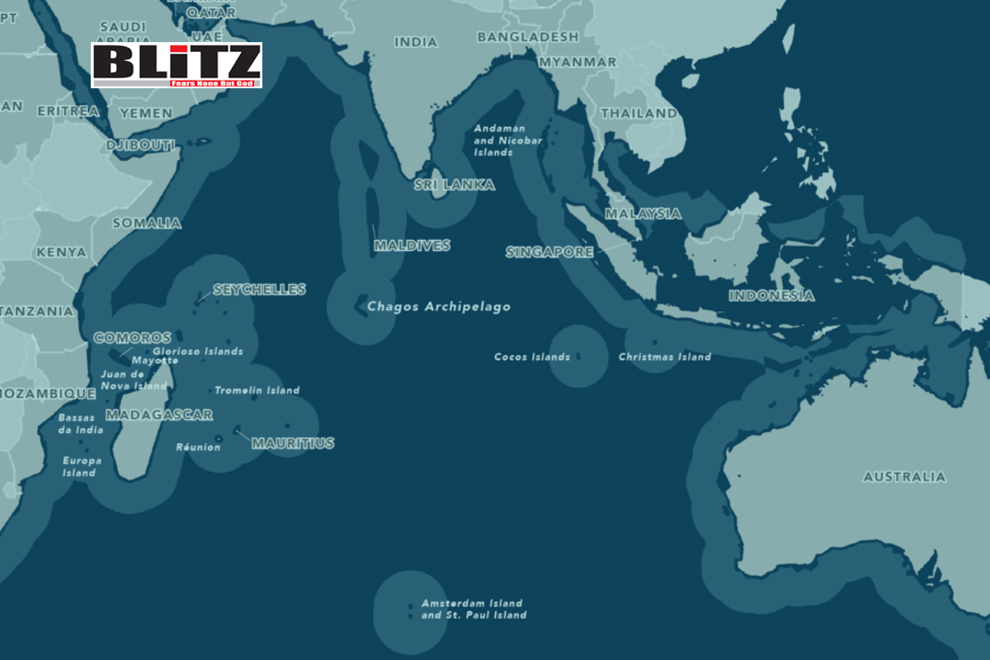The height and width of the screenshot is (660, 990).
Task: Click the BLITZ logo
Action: pyautogui.click(x=176, y=65)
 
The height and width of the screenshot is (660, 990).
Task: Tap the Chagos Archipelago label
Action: pyautogui.click(x=438, y=307)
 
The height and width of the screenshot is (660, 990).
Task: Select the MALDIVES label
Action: pyautogui.click(x=412, y=246)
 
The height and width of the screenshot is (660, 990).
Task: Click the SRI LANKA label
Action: pyautogui.click(x=455, y=185)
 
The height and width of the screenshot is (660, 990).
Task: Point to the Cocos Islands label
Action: pyautogui.click(x=531, y=357)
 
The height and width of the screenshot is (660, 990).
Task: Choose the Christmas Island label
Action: pyautogui.click(x=664, y=357)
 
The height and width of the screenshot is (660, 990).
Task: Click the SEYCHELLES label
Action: pyautogui.click(x=259, y=290)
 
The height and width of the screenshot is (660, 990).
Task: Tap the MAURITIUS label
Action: pyautogui.click(x=293, y=443)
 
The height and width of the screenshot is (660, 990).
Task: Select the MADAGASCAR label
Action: pyautogui.click(x=159, y=415)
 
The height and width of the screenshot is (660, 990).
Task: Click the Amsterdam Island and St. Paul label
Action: pyautogui.click(x=474, y=609)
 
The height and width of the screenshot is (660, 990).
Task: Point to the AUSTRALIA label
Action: pyautogui.click(x=904, y=477)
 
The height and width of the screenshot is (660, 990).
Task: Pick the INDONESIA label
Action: pyautogui.click(x=771, y=295)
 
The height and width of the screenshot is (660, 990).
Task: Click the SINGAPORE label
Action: pyautogui.click(x=549, y=252)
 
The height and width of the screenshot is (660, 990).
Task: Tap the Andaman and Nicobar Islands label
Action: pyautogui.click(x=507, y=141)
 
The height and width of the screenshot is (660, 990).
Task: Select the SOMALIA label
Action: pyautogui.click(x=147, y=223)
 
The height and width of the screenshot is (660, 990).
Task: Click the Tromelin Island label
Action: pyautogui.click(x=257, y=390)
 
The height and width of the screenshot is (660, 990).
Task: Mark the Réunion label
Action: pyautogui.click(x=198, y=447)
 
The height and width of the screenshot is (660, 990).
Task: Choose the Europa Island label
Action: pyautogui.click(x=82, y=466)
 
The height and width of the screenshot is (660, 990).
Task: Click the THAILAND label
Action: pyautogui.click(x=639, y=113)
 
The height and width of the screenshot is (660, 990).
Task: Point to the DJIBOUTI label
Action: pyautogui.click(x=141, y=145)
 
